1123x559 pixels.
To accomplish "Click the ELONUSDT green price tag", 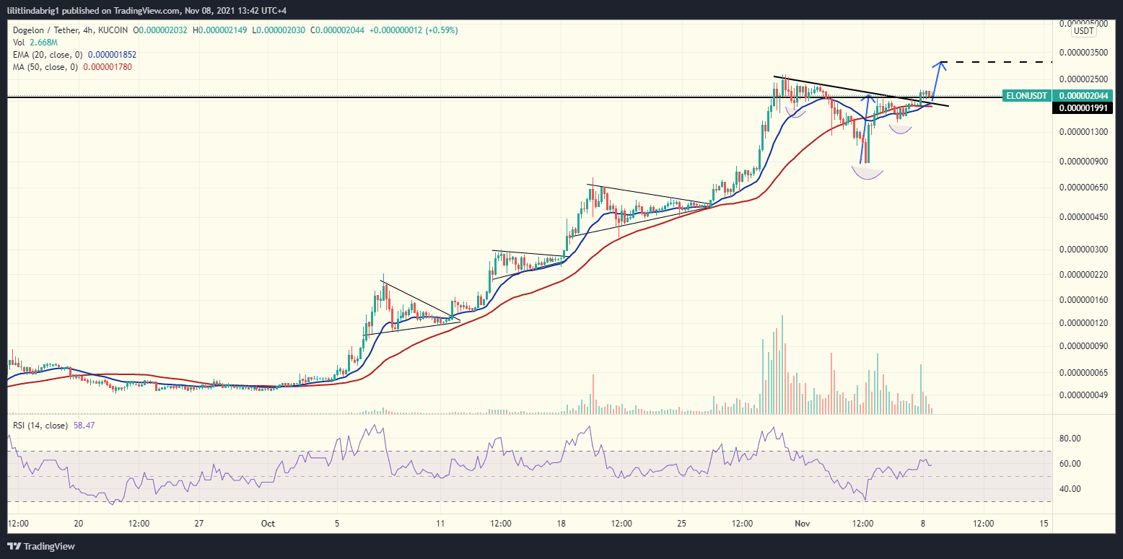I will pos(1026,95).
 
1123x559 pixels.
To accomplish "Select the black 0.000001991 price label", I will pos(1082,107).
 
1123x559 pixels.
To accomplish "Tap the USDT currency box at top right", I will pos(1083,30).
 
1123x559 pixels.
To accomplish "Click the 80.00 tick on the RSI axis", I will pos(1070,439).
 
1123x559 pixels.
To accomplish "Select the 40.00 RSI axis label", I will pos(1070,489).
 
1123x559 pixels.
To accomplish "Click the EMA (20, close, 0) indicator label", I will pos(48,54).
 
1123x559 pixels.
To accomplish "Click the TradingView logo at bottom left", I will pos(42,546).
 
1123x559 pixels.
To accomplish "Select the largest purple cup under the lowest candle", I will pos(868,172).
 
